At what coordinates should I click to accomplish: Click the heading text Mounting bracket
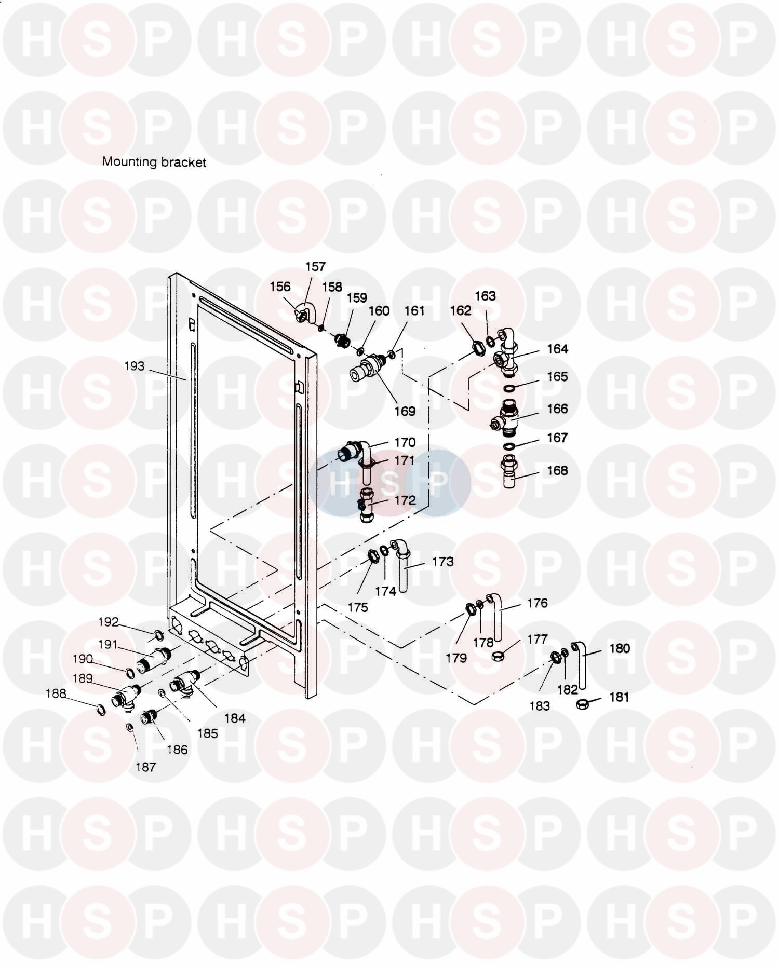tap(154, 162)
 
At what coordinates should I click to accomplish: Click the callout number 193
tap(135, 366)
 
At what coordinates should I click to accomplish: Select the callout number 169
tap(405, 411)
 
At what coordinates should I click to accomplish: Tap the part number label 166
tap(557, 409)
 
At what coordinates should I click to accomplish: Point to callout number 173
tap(443, 561)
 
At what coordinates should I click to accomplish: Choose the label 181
tap(619, 697)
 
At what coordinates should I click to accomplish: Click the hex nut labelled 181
tap(583, 704)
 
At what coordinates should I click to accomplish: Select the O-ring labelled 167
tap(510, 446)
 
